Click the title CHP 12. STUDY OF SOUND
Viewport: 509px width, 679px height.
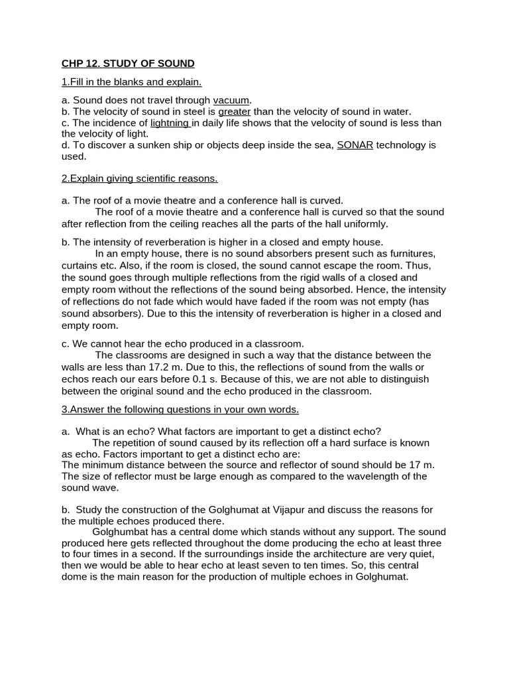128,64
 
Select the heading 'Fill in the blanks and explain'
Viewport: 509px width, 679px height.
131,82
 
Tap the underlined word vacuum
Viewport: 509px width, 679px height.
231,100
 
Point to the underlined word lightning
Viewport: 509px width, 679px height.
170,123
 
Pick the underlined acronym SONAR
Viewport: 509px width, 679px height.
354,145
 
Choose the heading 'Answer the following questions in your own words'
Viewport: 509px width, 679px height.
180,410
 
